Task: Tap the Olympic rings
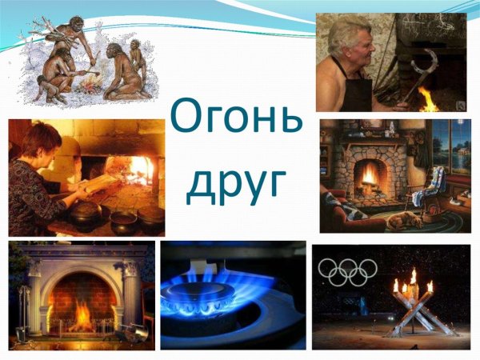[x=347, y=271]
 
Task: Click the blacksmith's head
[x=350, y=39]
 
